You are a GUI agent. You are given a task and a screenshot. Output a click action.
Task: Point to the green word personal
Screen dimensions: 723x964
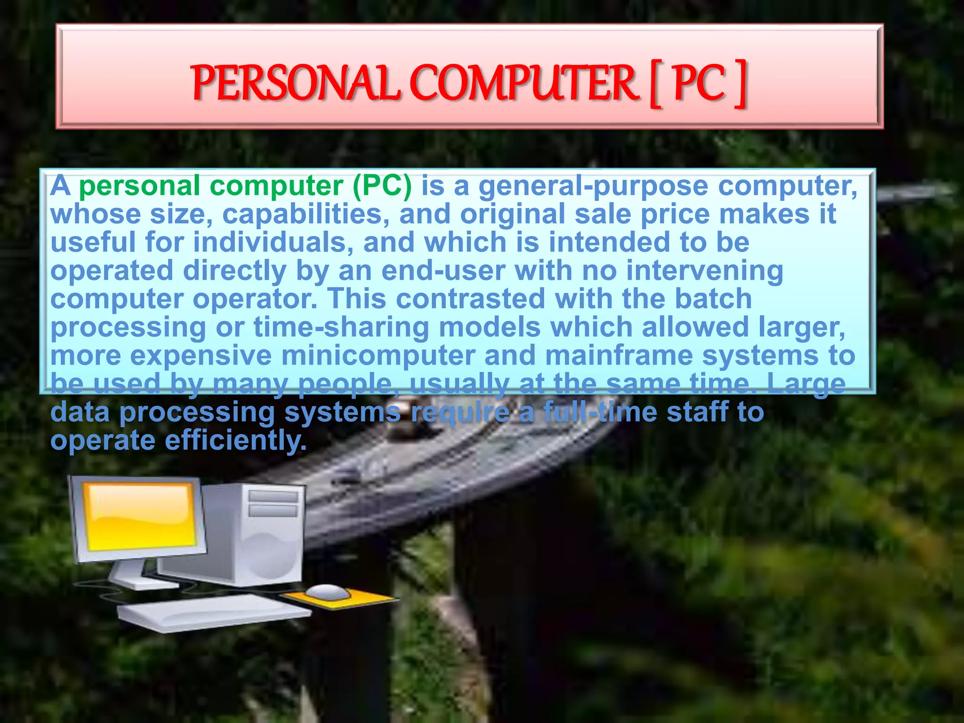[x=140, y=186]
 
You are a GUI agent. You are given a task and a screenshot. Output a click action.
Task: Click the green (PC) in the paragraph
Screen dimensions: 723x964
[x=382, y=186]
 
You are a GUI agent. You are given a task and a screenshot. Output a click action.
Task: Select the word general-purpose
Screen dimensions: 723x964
[x=593, y=186]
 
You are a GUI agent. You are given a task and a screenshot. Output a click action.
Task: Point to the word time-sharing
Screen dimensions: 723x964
[x=341, y=328]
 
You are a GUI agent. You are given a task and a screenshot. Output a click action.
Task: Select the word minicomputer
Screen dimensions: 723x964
[x=378, y=356]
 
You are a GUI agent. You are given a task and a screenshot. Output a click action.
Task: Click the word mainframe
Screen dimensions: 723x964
[x=619, y=356]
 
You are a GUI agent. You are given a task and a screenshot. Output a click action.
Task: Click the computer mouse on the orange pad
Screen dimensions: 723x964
[x=328, y=592]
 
